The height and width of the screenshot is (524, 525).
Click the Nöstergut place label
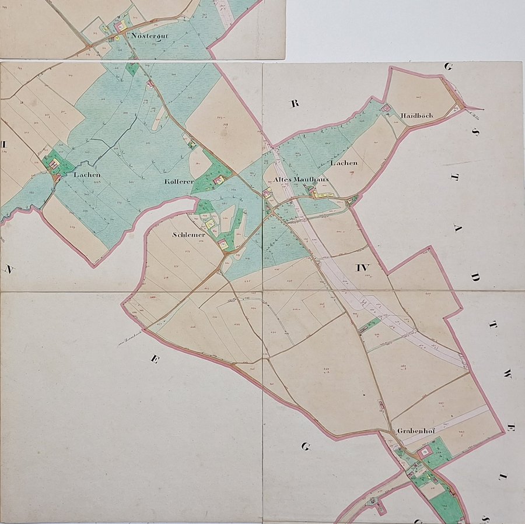click(x=150, y=36)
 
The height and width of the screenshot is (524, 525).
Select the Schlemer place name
click(x=189, y=235)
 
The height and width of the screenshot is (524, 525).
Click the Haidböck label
click(x=416, y=116)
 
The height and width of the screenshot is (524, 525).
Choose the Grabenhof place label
click(x=414, y=431)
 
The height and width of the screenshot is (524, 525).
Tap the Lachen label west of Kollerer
click(x=87, y=174)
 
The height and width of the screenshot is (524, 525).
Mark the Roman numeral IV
click(x=362, y=268)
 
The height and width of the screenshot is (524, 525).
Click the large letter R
click(x=295, y=104)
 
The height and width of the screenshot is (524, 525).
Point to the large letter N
click(x=9, y=269)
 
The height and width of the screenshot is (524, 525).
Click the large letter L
click(x=500, y=477)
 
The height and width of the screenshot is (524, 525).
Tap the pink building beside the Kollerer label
click(x=218, y=181)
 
